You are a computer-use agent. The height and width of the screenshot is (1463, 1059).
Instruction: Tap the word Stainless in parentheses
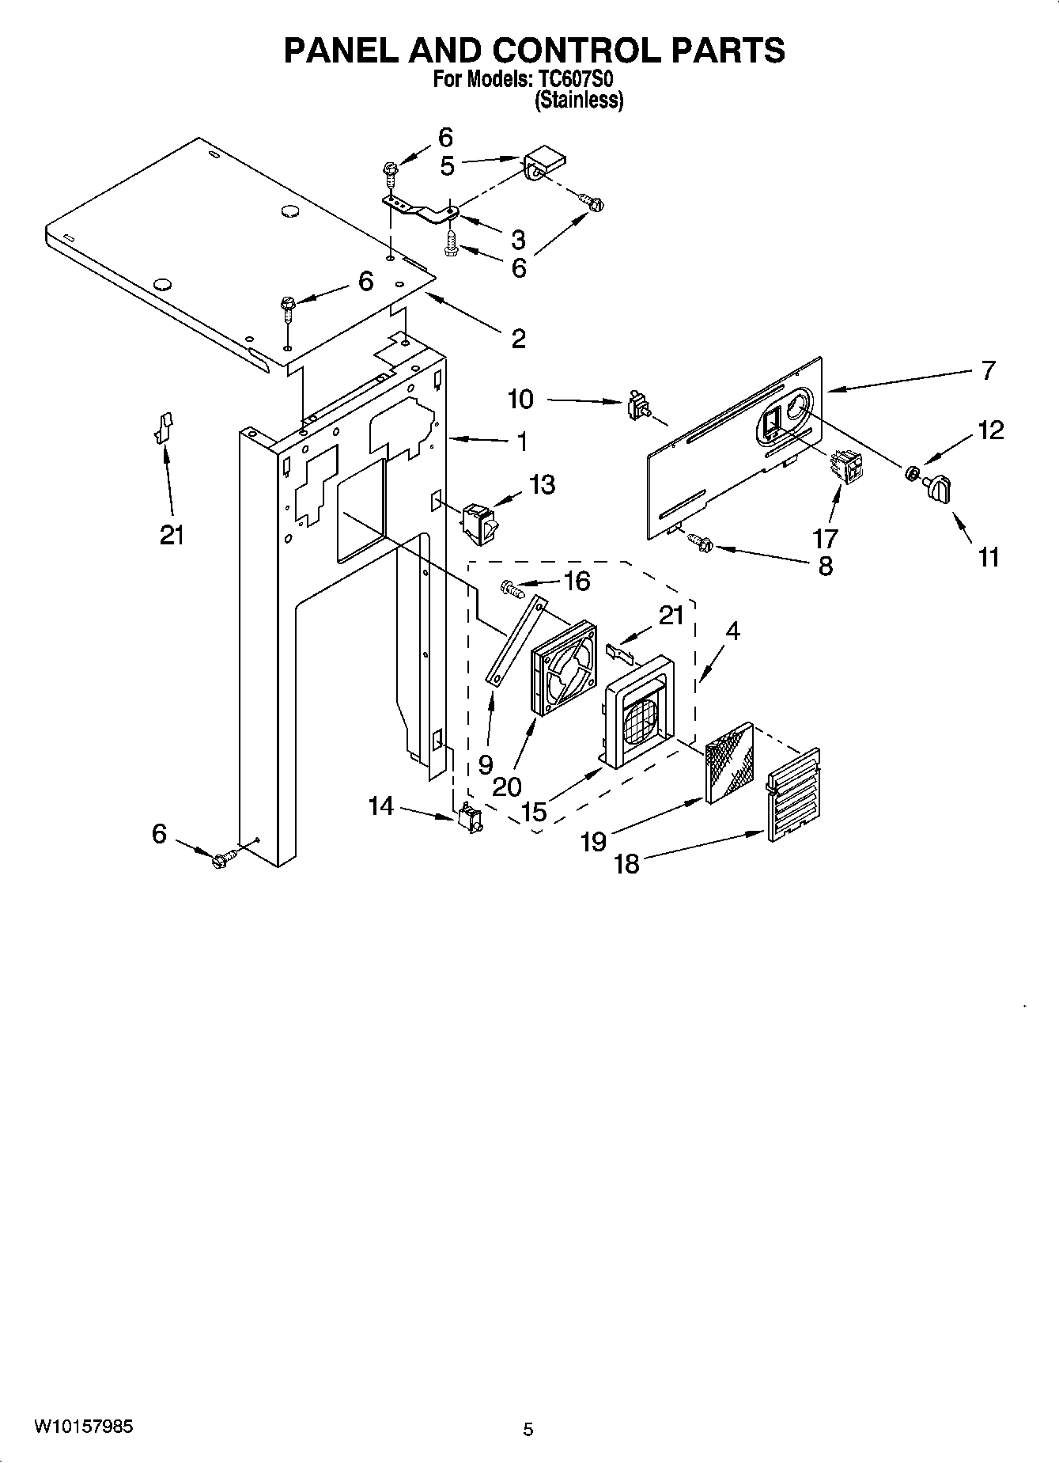(x=580, y=100)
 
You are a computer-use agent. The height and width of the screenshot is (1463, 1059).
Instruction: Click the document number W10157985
(x=83, y=1427)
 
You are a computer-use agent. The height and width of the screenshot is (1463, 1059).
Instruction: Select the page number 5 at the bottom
(x=528, y=1429)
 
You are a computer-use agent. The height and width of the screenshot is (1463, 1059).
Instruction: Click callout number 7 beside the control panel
(x=988, y=370)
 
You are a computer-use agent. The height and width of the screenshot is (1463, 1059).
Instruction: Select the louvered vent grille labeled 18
(x=793, y=794)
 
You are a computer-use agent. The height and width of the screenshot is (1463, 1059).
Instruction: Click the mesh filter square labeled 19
(x=729, y=761)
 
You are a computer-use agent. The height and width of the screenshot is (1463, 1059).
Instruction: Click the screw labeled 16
(x=512, y=589)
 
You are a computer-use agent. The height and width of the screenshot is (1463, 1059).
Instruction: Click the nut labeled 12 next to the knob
(x=911, y=474)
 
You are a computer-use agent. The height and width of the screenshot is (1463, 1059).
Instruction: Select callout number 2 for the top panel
(x=518, y=339)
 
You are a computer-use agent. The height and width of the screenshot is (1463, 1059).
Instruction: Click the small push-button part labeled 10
(x=637, y=407)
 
